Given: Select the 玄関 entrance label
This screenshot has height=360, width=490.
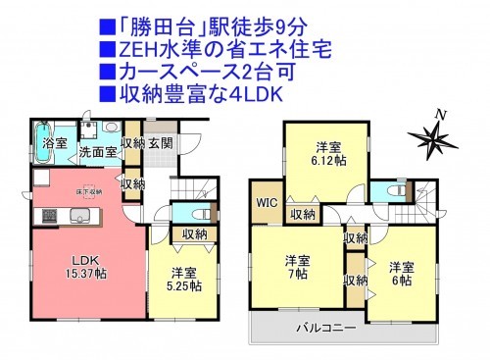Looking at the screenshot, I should point(160,144).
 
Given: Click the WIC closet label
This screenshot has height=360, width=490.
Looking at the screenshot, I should point(268,203).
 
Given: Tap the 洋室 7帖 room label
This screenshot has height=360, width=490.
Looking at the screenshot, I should point(297,268).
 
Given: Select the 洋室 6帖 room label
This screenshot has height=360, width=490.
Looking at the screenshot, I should point(400,273).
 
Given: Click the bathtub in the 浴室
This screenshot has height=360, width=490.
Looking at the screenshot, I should point(44,130).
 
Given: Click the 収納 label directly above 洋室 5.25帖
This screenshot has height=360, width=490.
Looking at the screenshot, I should point(194,233).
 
